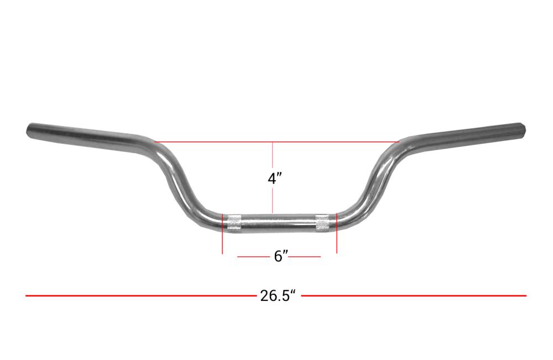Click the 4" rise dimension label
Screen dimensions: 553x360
tap(275, 179)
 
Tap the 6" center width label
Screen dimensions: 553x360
tap(281, 257)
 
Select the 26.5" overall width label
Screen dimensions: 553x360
tap(278, 295)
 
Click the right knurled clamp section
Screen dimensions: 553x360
tap(322, 222)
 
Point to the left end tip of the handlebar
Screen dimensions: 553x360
tap(28, 130)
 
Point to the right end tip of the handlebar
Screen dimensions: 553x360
tap(524, 129)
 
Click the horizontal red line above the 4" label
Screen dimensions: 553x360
tap(277, 142)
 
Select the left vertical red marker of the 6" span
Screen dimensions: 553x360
tap(222, 233)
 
